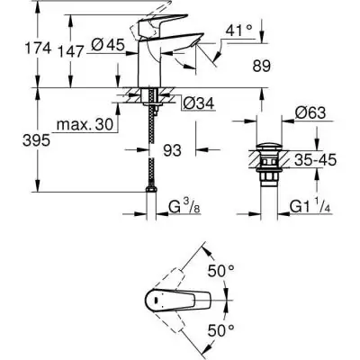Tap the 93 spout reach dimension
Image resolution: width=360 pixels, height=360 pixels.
(173, 149)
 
